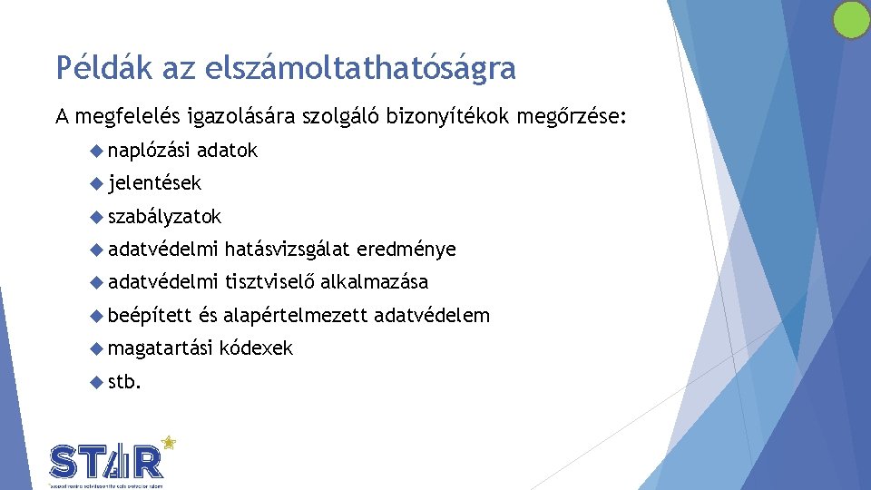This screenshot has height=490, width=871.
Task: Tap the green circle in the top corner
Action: point(851,20)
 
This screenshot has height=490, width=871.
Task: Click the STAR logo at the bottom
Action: point(107,461)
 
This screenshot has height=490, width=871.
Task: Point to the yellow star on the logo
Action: point(168,444)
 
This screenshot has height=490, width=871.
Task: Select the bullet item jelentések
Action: point(155,183)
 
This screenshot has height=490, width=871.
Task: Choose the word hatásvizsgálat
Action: point(288,249)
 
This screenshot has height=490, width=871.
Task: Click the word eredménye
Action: point(406,249)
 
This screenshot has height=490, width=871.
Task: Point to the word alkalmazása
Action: point(374,282)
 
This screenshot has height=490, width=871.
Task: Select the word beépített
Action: point(150,315)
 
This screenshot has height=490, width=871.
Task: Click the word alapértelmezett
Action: point(295,315)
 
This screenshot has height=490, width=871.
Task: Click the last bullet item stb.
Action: point(124,381)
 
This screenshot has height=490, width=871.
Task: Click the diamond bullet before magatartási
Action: point(98,348)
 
